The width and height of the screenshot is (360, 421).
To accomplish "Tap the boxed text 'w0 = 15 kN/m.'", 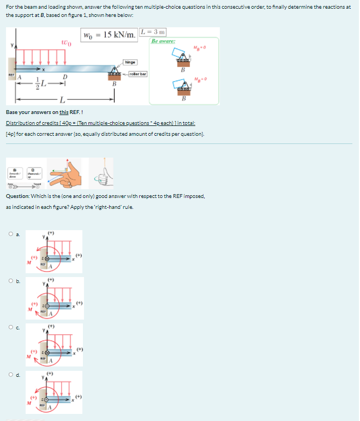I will point(110,35).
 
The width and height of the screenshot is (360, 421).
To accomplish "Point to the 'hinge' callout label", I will point(130,63).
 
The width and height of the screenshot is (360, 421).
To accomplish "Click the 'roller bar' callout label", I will point(136,74).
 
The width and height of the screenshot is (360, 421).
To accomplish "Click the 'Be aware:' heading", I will point(162,41).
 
